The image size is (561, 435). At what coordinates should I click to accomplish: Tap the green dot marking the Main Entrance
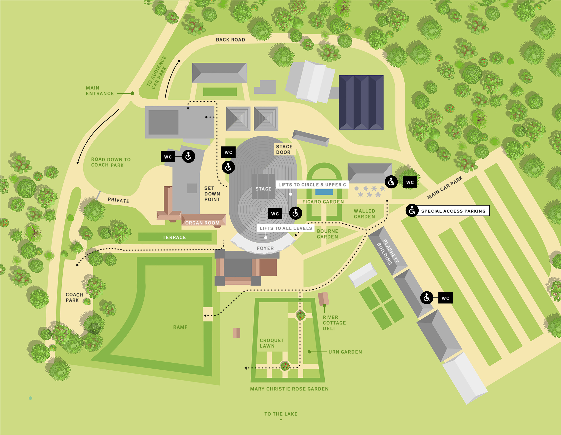tap(132, 93)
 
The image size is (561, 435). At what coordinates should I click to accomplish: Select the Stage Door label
tap(284, 149)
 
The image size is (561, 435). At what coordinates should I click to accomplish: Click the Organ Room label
tap(202, 223)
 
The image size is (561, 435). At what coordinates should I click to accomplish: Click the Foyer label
tap(265, 248)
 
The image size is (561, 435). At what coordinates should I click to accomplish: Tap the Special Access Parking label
tap(453, 211)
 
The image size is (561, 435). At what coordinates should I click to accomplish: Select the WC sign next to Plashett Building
tap(445, 298)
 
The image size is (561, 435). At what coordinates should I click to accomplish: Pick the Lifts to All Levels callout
tap(286, 228)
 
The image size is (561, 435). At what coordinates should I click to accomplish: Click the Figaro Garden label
tap(323, 202)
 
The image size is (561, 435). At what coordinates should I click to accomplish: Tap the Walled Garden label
tap(364, 214)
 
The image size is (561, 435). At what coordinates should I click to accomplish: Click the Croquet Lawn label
tap(272, 343)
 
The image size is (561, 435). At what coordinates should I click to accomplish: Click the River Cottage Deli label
tap(334, 323)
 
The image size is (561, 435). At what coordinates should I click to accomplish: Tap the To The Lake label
tap(281, 414)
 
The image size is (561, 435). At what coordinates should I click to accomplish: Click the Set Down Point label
tap(212, 194)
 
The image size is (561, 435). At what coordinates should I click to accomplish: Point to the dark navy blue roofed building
tap(361, 102)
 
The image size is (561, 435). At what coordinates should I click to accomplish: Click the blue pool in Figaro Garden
tap(324, 192)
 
